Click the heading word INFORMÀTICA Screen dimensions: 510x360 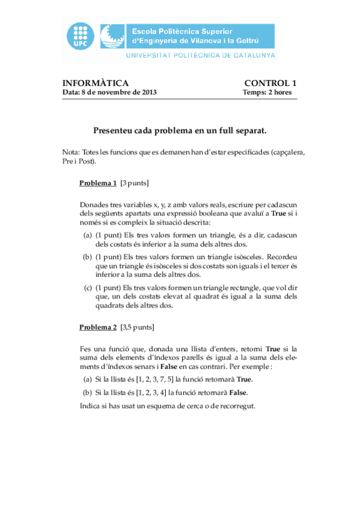click(96, 83)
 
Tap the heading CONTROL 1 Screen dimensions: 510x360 click(270, 83)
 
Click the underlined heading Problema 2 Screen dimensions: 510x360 click(98, 328)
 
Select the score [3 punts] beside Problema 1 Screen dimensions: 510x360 click(135, 183)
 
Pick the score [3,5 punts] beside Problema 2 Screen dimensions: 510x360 click(137, 328)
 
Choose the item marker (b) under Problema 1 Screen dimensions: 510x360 click(88, 257)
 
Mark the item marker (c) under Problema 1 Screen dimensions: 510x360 click(88, 287)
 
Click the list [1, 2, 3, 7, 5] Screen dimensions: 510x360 click(156, 379)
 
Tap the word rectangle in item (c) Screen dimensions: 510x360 click(237, 287)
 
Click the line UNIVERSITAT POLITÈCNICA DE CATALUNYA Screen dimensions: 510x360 click(200, 55)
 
